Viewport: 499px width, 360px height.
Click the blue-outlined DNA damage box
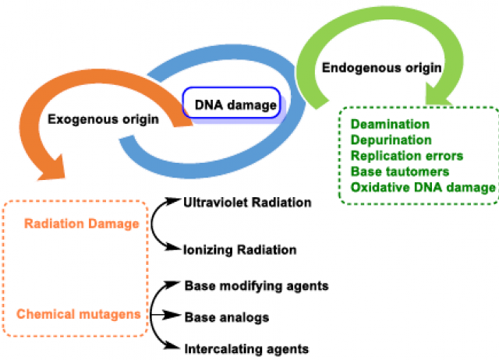pyautogui.click(x=230, y=103)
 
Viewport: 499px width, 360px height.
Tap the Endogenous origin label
pyautogui.click(x=382, y=68)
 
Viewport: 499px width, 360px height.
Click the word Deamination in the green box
pyautogui.click(x=390, y=125)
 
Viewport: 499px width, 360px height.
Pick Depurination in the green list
pyautogui.click(x=391, y=140)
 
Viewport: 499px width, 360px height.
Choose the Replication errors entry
pyautogui.click(x=407, y=156)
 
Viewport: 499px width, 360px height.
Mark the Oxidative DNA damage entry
pyautogui.click(x=423, y=187)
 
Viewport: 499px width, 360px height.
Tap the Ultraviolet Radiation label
pyautogui.click(x=247, y=203)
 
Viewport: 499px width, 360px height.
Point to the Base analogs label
pyautogui.click(x=226, y=317)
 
